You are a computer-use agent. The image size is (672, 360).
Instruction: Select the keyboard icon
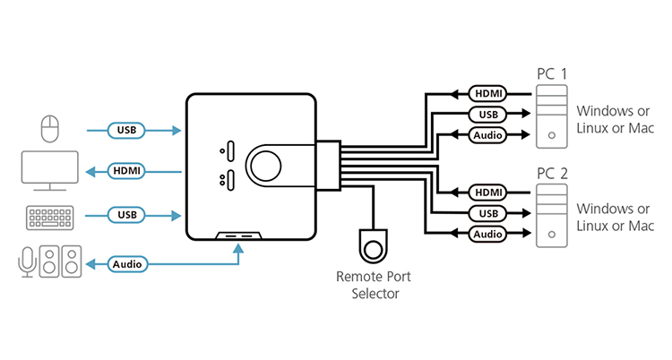[50, 216]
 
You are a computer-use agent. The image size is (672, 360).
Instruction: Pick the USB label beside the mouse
[125, 131]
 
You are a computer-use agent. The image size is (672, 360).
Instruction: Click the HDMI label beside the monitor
[125, 169]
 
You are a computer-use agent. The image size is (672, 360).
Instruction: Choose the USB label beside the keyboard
[125, 215]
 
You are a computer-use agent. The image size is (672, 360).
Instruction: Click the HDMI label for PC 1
[487, 92]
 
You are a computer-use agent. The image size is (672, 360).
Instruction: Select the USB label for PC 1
[487, 114]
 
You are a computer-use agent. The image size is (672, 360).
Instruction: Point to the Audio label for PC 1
[487, 135]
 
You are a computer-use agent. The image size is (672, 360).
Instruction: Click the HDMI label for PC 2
[487, 192]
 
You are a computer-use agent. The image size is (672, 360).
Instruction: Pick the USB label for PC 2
[487, 213]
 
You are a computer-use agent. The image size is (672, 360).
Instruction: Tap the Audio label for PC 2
[487, 235]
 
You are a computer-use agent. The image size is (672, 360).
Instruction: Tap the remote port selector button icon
[373, 244]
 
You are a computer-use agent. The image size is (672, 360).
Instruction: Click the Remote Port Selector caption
[373, 285]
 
